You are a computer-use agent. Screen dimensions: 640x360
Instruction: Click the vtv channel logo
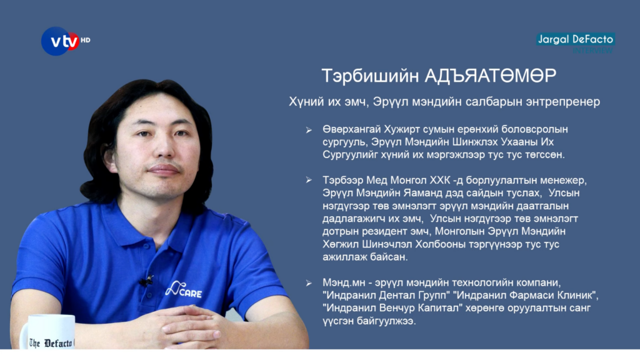[x=60, y=41]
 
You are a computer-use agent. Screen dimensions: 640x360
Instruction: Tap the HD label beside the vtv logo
[x=85, y=40]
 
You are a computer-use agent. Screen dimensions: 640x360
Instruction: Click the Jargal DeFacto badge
[x=576, y=39]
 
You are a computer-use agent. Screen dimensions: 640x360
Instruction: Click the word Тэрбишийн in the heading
[x=370, y=76]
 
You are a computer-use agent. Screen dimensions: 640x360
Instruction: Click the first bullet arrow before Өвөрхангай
[x=309, y=130]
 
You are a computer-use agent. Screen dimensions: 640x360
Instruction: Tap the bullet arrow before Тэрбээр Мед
[x=309, y=180]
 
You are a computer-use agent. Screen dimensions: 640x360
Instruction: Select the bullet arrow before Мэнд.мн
[x=309, y=283]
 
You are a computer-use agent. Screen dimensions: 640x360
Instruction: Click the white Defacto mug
[x=48, y=332]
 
